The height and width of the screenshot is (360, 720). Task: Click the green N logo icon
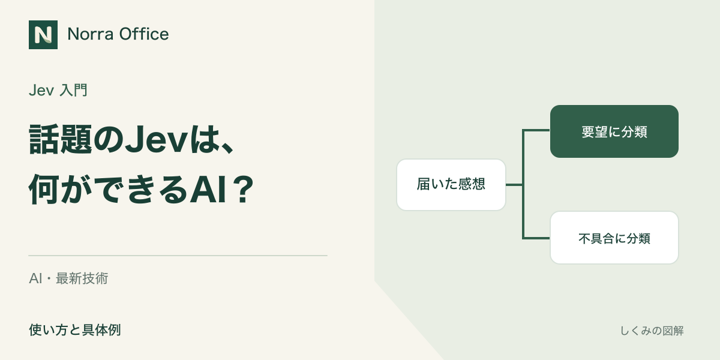43,35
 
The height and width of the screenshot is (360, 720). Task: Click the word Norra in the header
91,34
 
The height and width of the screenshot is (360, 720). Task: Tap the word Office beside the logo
143,34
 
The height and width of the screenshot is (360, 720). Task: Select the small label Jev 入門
58,90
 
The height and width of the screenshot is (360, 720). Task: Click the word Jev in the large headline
156,139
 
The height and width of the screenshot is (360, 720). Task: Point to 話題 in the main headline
61,139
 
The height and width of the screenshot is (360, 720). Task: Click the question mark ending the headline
244,189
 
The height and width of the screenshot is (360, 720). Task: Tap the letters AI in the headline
208,189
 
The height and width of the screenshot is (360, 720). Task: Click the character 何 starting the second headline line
44,189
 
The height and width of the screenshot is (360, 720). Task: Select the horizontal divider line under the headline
178,256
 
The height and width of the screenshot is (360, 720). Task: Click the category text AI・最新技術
68,278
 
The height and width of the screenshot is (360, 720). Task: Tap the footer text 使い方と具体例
75,330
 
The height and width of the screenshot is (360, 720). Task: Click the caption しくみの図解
652,331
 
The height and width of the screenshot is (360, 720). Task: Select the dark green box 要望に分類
614,131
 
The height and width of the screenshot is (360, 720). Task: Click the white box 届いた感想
451,185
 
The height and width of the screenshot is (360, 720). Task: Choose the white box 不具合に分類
614,238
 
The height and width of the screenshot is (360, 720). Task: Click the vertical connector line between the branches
523,184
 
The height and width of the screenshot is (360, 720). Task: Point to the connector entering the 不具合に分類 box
536,238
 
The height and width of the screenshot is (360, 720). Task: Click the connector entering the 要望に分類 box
536,131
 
